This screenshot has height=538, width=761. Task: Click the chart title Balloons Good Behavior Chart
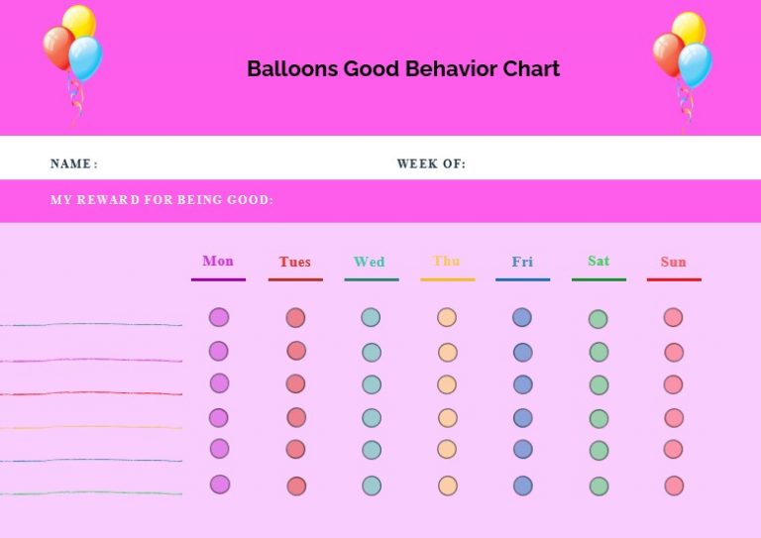click(x=402, y=68)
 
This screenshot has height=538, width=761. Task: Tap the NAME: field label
click(x=73, y=163)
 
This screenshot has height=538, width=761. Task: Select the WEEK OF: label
click(x=431, y=163)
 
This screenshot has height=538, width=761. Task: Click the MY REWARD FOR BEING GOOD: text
click(x=162, y=200)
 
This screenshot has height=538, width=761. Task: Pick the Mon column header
click(x=218, y=261)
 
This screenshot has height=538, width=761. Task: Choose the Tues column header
click(x=294, y=262)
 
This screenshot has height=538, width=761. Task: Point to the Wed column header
click(x=370, y=262)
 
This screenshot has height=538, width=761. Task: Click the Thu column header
click(x=446, y=261)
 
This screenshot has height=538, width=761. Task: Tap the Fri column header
click(x=522, y=262)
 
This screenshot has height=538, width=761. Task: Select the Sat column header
click(x=598, y=261)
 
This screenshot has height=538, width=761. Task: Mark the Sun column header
click(x=673, y=262)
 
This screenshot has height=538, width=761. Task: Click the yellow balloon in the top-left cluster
click(x=79, y=21)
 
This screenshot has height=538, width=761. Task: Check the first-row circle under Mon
click(x=219, y=317)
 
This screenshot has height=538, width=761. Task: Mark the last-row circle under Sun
click(x=674, y=485)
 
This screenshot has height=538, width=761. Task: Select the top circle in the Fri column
click(x=522, y=317)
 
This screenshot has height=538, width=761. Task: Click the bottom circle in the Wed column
click(x=371, y=485)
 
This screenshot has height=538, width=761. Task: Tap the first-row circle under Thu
click(x=447, y=318)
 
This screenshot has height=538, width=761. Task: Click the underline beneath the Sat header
click(x=598, y=279)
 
